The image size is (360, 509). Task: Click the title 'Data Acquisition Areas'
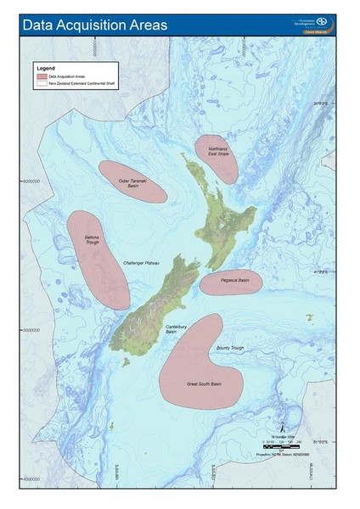95,25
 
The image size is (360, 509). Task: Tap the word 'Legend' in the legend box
45,66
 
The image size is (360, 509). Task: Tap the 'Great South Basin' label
204,384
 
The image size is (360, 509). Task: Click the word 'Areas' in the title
143,25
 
